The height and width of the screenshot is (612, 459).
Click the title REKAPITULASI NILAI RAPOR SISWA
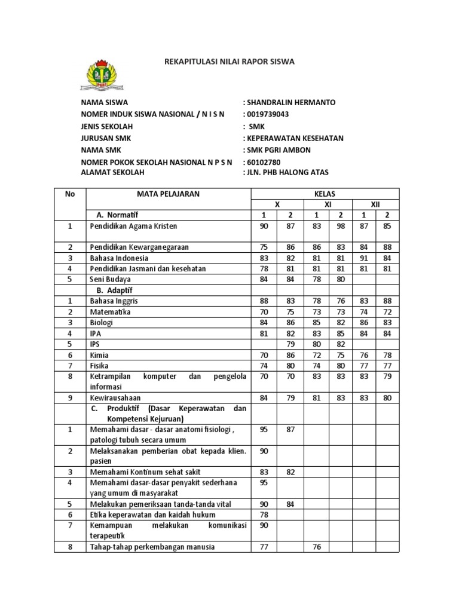tap(229, 62)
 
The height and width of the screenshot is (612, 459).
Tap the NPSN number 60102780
tap(264, 162)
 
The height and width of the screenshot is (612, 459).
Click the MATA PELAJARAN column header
tap(169, 194)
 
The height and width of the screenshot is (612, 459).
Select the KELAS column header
tap(325, 194)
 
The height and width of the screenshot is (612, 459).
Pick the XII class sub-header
tap(375, 204)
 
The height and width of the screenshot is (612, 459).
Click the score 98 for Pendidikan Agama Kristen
tap(341, 227)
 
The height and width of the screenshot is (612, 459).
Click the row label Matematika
tap(110, 312)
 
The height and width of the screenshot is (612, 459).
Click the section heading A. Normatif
tap(121, 215)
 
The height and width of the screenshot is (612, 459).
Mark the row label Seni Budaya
tap(110, 279)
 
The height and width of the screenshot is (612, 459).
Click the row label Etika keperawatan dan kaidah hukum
tap(152, 515)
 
